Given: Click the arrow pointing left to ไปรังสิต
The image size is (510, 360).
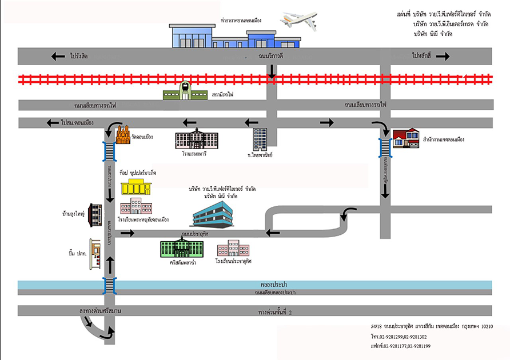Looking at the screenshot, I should pos(58,56).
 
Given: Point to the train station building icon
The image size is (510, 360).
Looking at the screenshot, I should pos(185,91).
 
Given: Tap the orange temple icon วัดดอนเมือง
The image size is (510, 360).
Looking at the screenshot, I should pos(123,135).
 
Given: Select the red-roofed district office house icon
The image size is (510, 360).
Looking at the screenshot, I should pos(405,139).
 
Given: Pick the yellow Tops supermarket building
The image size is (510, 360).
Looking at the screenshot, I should pos(136,187).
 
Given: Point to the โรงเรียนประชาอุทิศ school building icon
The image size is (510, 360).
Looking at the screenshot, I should pos(233,249).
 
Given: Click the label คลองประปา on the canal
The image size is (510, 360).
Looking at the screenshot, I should pos(273,284).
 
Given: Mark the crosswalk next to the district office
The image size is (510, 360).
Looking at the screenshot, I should pos(385,148).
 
